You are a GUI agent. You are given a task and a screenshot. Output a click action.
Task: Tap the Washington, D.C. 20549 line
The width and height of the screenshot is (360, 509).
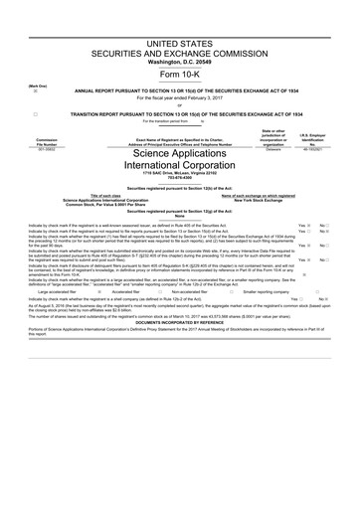click(x=179, y=67)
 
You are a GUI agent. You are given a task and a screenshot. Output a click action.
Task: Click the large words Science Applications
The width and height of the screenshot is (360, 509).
click(x=179, y=155)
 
